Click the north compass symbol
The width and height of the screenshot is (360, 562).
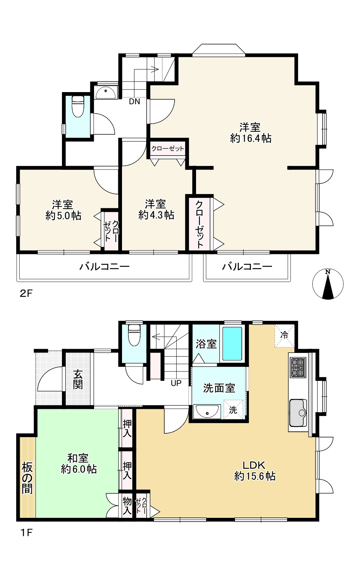[328, 284]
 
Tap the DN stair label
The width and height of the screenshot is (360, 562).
[134, 102]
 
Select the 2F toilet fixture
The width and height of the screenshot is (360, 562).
[78, 106]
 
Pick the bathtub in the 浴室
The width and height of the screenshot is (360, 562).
[232, 343]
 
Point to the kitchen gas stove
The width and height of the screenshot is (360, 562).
[298, 368]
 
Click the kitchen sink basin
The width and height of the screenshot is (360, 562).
[298, 413]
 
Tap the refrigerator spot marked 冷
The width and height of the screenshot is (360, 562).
[284, 336]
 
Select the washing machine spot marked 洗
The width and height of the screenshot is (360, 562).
[233, 409]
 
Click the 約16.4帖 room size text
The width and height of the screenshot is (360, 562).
[251, 138]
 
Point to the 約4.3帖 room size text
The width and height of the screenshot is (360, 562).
[156, 215]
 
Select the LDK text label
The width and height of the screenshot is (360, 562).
[254, 465]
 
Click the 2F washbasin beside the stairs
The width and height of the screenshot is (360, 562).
[106, 92]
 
